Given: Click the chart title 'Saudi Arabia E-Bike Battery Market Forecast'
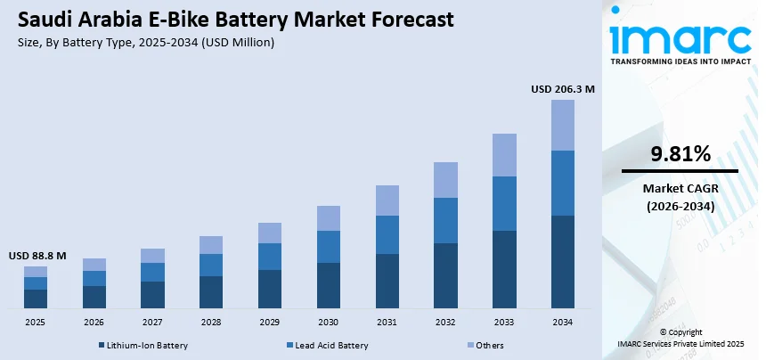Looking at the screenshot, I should point(234,19).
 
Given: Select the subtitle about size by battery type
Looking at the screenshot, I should point(145,42).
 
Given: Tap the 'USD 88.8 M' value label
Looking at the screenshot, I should point(37,255).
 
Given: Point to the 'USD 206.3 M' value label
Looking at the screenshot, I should point(562,89).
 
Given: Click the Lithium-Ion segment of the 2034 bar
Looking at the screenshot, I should point(562,261).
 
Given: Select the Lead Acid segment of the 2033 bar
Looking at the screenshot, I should point(504,203).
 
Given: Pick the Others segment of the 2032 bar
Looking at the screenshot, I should point(445,180).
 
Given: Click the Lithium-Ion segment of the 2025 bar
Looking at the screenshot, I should point(36,299).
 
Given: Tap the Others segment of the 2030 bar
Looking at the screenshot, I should point(329,218).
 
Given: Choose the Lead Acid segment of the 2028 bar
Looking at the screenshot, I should point(211,265).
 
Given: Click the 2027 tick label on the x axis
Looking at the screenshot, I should point(152,322).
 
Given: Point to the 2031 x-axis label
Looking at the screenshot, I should point(387,322).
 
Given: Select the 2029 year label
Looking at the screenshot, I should point(269,322).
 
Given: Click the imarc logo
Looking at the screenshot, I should point(680,40).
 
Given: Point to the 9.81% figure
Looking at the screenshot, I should point(680,154).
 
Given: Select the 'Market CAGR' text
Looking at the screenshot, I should point(680,189).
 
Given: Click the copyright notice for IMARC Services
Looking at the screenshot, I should point(680,338).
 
